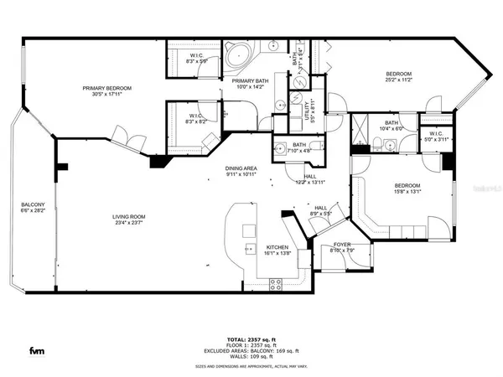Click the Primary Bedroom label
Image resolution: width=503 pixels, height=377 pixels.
click(106, 88)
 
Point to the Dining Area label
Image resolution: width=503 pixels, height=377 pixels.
click(241, 169)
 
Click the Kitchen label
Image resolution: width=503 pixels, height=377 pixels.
click(277, 248)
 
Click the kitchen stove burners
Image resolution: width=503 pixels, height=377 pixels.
click(249, 248)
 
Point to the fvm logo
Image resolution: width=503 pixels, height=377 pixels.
click(38, 349)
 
